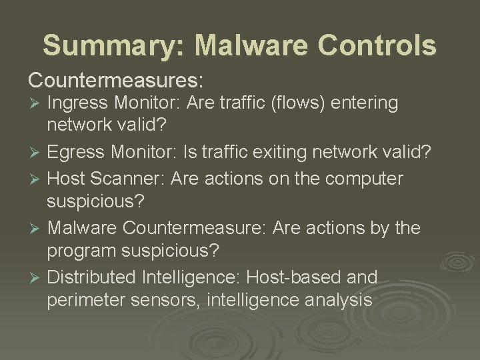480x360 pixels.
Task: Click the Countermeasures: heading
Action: [115, 79]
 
